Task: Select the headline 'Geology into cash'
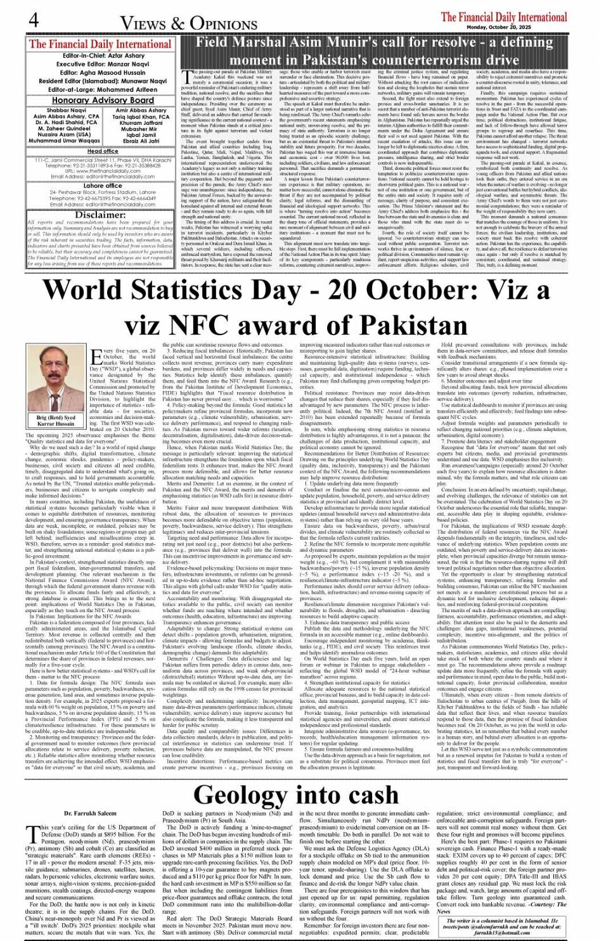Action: point(296,793)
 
